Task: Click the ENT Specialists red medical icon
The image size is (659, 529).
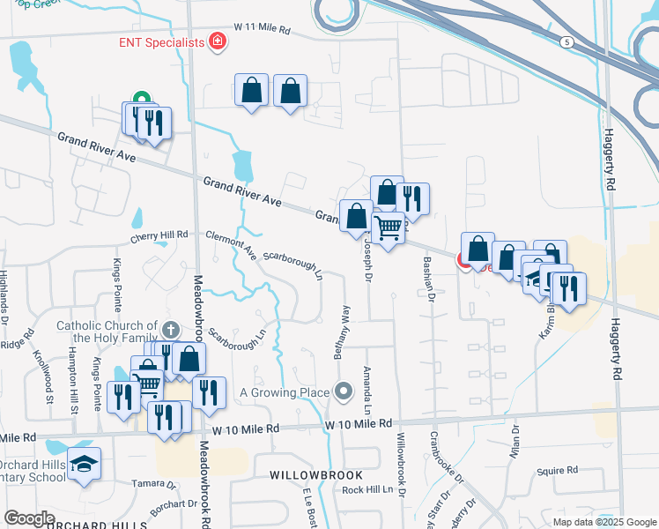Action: point(216,41)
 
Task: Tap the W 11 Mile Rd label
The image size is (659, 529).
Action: point(262,30)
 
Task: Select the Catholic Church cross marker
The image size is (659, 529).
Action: point(171,331)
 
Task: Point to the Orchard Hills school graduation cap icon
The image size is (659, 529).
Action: point(84,464)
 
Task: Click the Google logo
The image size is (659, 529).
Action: point(29,518)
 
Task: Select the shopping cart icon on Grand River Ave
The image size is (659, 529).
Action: point(388,228)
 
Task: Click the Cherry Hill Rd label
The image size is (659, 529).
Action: point(159,235)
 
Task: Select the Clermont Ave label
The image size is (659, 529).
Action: point(230,244)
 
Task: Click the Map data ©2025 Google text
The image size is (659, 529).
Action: point(603,522)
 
